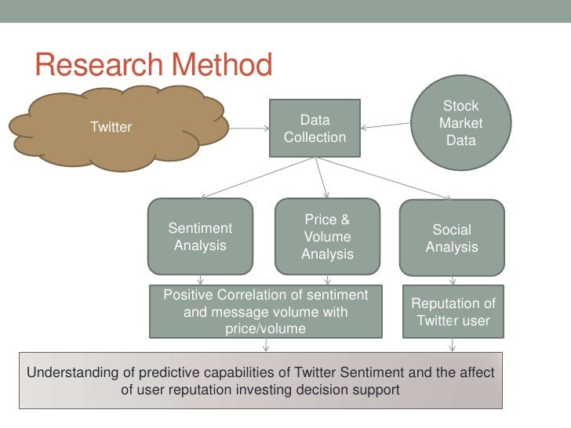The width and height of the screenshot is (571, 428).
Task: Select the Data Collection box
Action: [315, 129]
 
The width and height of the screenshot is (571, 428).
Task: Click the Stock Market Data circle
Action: [461, 124]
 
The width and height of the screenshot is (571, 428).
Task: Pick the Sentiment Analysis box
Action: [201, 237]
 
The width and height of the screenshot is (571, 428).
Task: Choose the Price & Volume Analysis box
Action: [327, 237]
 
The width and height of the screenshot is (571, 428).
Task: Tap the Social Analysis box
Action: [452, 238]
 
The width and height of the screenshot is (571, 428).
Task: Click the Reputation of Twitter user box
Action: [453, 312]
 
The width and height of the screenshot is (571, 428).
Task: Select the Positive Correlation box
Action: [265, 312]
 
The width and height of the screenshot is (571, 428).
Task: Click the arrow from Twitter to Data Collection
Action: [249, 128]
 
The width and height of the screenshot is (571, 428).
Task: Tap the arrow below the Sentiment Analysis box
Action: [201, 280]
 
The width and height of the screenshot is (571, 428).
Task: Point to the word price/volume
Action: [265, 329]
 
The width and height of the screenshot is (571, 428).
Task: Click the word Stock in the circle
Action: [460, 106]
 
